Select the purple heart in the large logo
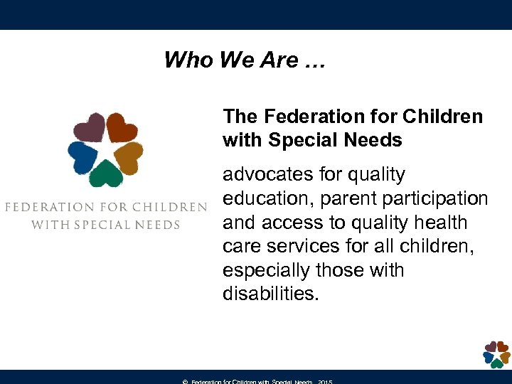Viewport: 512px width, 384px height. pos(89,129)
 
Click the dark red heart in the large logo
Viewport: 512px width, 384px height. pos(122,127)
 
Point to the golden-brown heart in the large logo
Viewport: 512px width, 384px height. pos(128,156)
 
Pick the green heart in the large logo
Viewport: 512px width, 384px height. pos(106,173)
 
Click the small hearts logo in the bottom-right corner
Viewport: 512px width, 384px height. pos(496,353)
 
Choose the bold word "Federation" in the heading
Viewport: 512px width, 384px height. pos(305,116)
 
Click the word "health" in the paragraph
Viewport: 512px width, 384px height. pos(441,223)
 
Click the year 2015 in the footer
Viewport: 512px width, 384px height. pos(325,382)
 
